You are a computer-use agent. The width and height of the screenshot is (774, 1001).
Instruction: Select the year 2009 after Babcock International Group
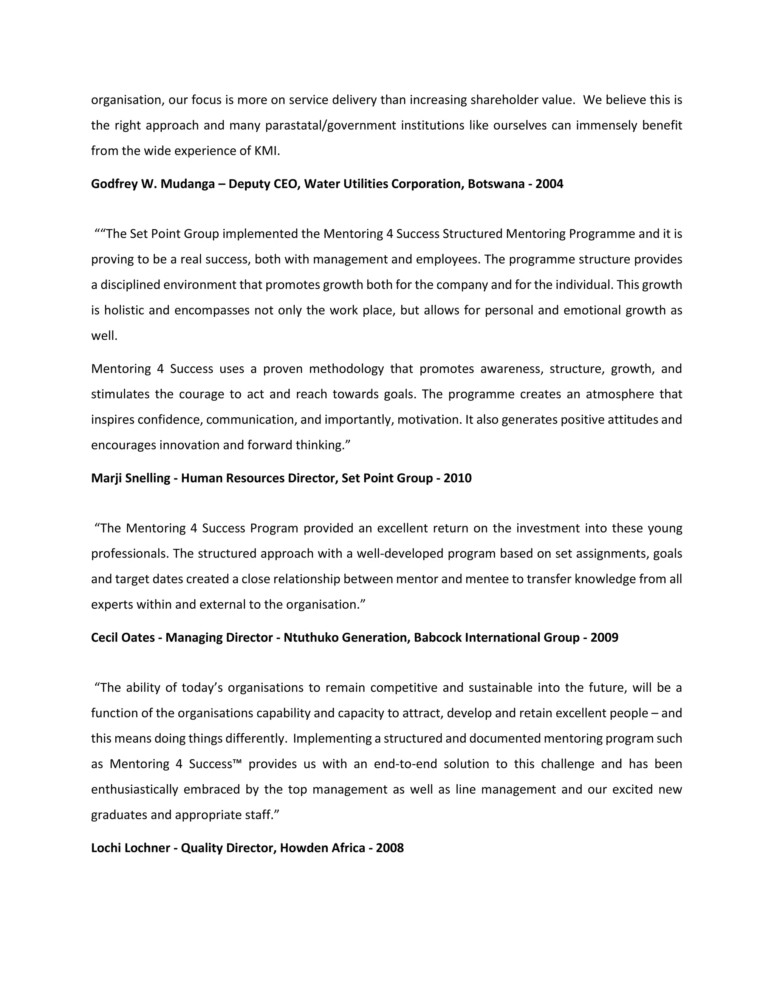(x=604, y=638)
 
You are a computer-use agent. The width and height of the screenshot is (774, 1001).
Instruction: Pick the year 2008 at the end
(x=390, y=848)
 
